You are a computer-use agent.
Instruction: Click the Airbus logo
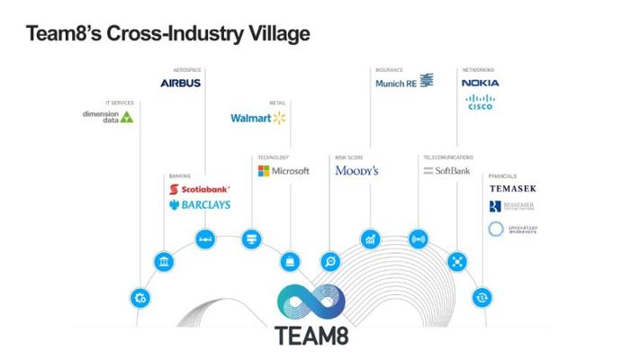point(180,83)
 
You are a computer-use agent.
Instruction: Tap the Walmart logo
point(257,118)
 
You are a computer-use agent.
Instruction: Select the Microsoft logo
point(284,171)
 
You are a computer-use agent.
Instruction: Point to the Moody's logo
point(356,171)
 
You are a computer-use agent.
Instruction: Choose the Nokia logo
point(480,83)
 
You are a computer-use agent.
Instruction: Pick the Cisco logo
point(481,103)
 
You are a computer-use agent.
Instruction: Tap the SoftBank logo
point(446,171)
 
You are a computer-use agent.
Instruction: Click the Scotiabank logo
point(200,190)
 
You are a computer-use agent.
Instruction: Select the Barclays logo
point(200,205)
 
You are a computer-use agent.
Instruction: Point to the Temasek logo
point(512,189)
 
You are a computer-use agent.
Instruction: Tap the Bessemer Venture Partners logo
point(512,207)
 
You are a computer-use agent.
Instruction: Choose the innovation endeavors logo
point(512,229)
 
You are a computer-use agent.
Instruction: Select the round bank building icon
point(164,262)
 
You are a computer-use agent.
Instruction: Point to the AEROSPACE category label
point(187,70)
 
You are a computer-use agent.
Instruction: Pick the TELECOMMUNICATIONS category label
point(448,157)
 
